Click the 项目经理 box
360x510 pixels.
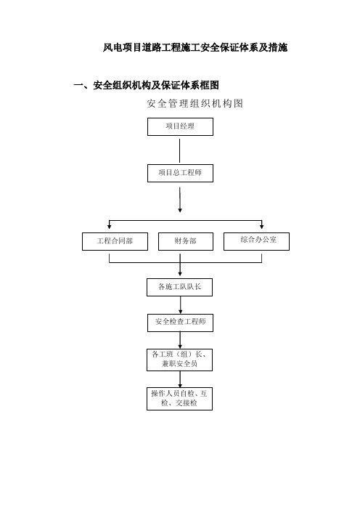(180, 126)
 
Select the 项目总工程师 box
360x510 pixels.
(180, 173)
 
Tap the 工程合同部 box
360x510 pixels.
(115, 241)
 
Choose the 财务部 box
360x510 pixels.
(186, 241)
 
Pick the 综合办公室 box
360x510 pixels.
(256, 241)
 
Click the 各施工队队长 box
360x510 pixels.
(180, 287)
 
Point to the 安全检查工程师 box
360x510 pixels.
(180, 323)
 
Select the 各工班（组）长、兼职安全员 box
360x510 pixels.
(180, 360)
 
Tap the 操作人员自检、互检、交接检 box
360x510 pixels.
(180, 399)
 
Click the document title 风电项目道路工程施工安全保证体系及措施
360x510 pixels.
(195, 47)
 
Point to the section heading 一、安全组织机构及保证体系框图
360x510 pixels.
(146, 85)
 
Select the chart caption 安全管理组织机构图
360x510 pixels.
(195, 103)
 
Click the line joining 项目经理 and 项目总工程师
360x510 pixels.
(180, 151)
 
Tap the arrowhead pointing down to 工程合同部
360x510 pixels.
(110, 226)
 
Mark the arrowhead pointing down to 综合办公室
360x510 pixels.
(261, 226)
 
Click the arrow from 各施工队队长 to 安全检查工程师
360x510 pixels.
(181, 305)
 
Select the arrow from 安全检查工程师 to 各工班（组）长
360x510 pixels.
(180, 340)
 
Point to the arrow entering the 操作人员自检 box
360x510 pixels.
(180, 379)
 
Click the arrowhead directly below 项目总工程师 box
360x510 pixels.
(180, 210)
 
